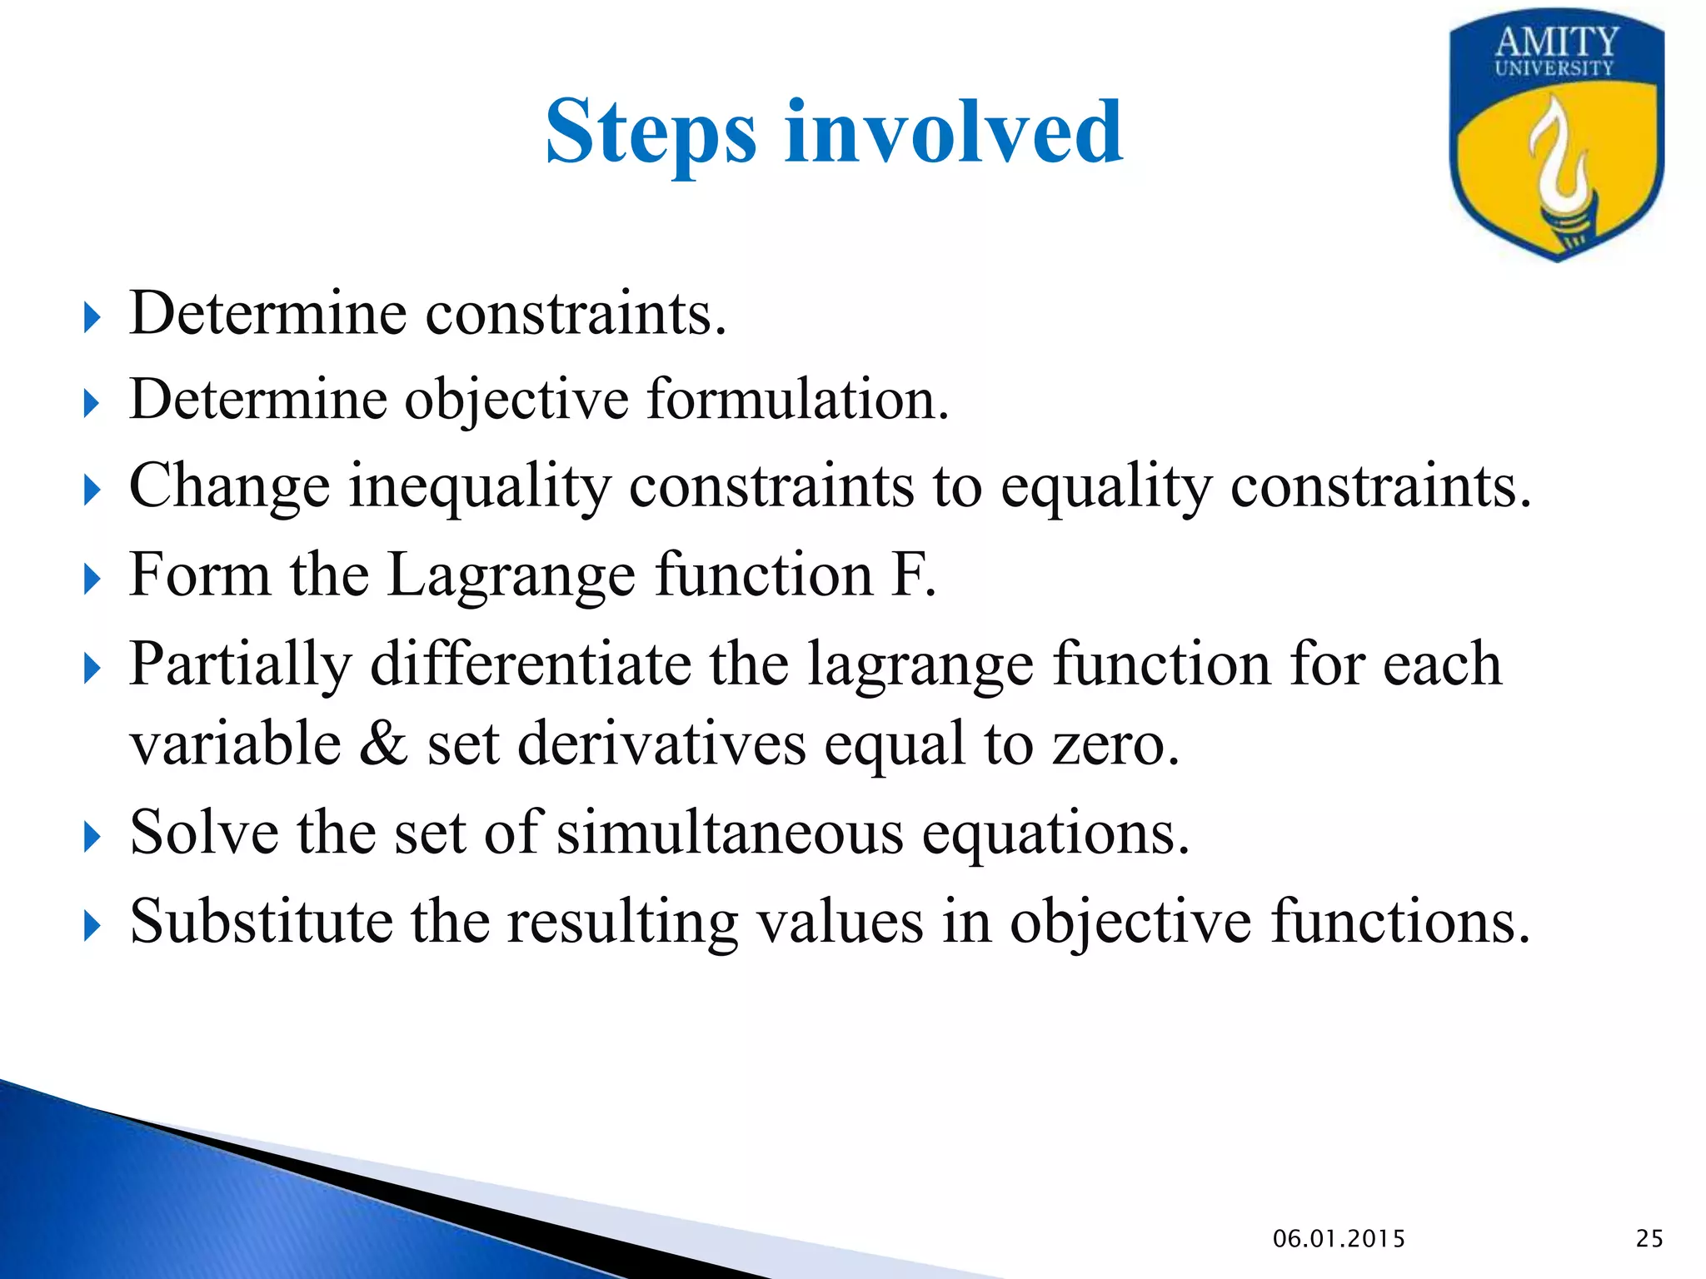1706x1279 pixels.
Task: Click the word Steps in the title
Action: [x=651, y=133]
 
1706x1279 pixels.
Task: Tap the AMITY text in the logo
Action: [x=1556, y=42]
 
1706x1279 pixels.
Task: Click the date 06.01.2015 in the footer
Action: [x=1339, y=1239]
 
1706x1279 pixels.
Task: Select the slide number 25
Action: [x=1649, y=1239]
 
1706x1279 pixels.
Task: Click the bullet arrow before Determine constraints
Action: [x=92, y=317]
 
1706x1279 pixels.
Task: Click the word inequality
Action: [x=479, y=486]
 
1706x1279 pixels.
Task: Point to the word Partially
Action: [x=241, y=665]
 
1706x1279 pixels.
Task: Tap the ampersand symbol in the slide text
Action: [x=383, y=744]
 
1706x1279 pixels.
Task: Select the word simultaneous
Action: [x=730, y=833]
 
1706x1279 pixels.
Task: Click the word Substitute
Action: [x=261, y=922]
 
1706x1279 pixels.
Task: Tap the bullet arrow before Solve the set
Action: [x=92, y=837]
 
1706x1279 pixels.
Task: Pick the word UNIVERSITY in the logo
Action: [x=1554, y=68]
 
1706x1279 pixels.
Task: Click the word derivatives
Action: [x=661, y=744]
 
